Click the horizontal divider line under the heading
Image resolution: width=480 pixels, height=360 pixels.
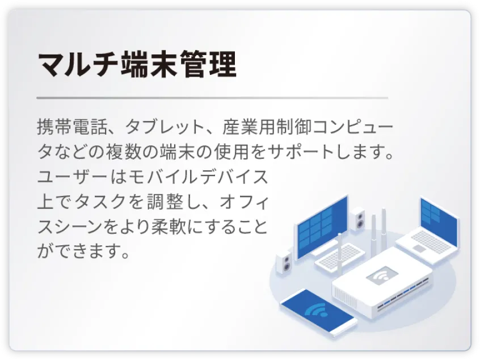212,98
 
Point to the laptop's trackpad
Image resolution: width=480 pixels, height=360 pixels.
420,249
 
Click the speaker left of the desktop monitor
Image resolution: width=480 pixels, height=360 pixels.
284,262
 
